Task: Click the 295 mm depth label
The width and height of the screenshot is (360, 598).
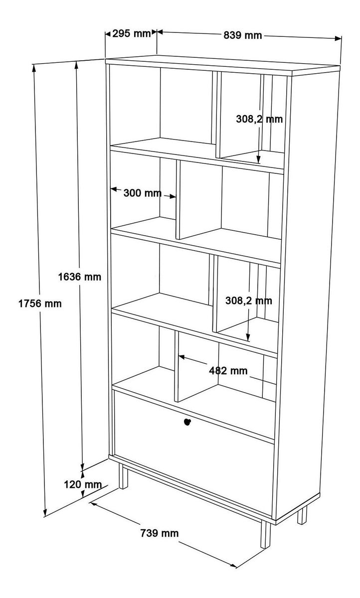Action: coord(131,34)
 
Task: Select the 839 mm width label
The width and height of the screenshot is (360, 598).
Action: coord(242,35)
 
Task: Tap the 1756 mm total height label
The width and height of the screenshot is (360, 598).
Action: coord(40,302)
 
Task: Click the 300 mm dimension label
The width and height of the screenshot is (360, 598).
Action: coord(143,193)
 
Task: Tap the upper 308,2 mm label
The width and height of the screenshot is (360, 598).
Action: coord(259,119)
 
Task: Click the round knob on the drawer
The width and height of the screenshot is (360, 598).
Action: coord(187,423)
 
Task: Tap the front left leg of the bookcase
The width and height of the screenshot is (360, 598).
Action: coord(123,477)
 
